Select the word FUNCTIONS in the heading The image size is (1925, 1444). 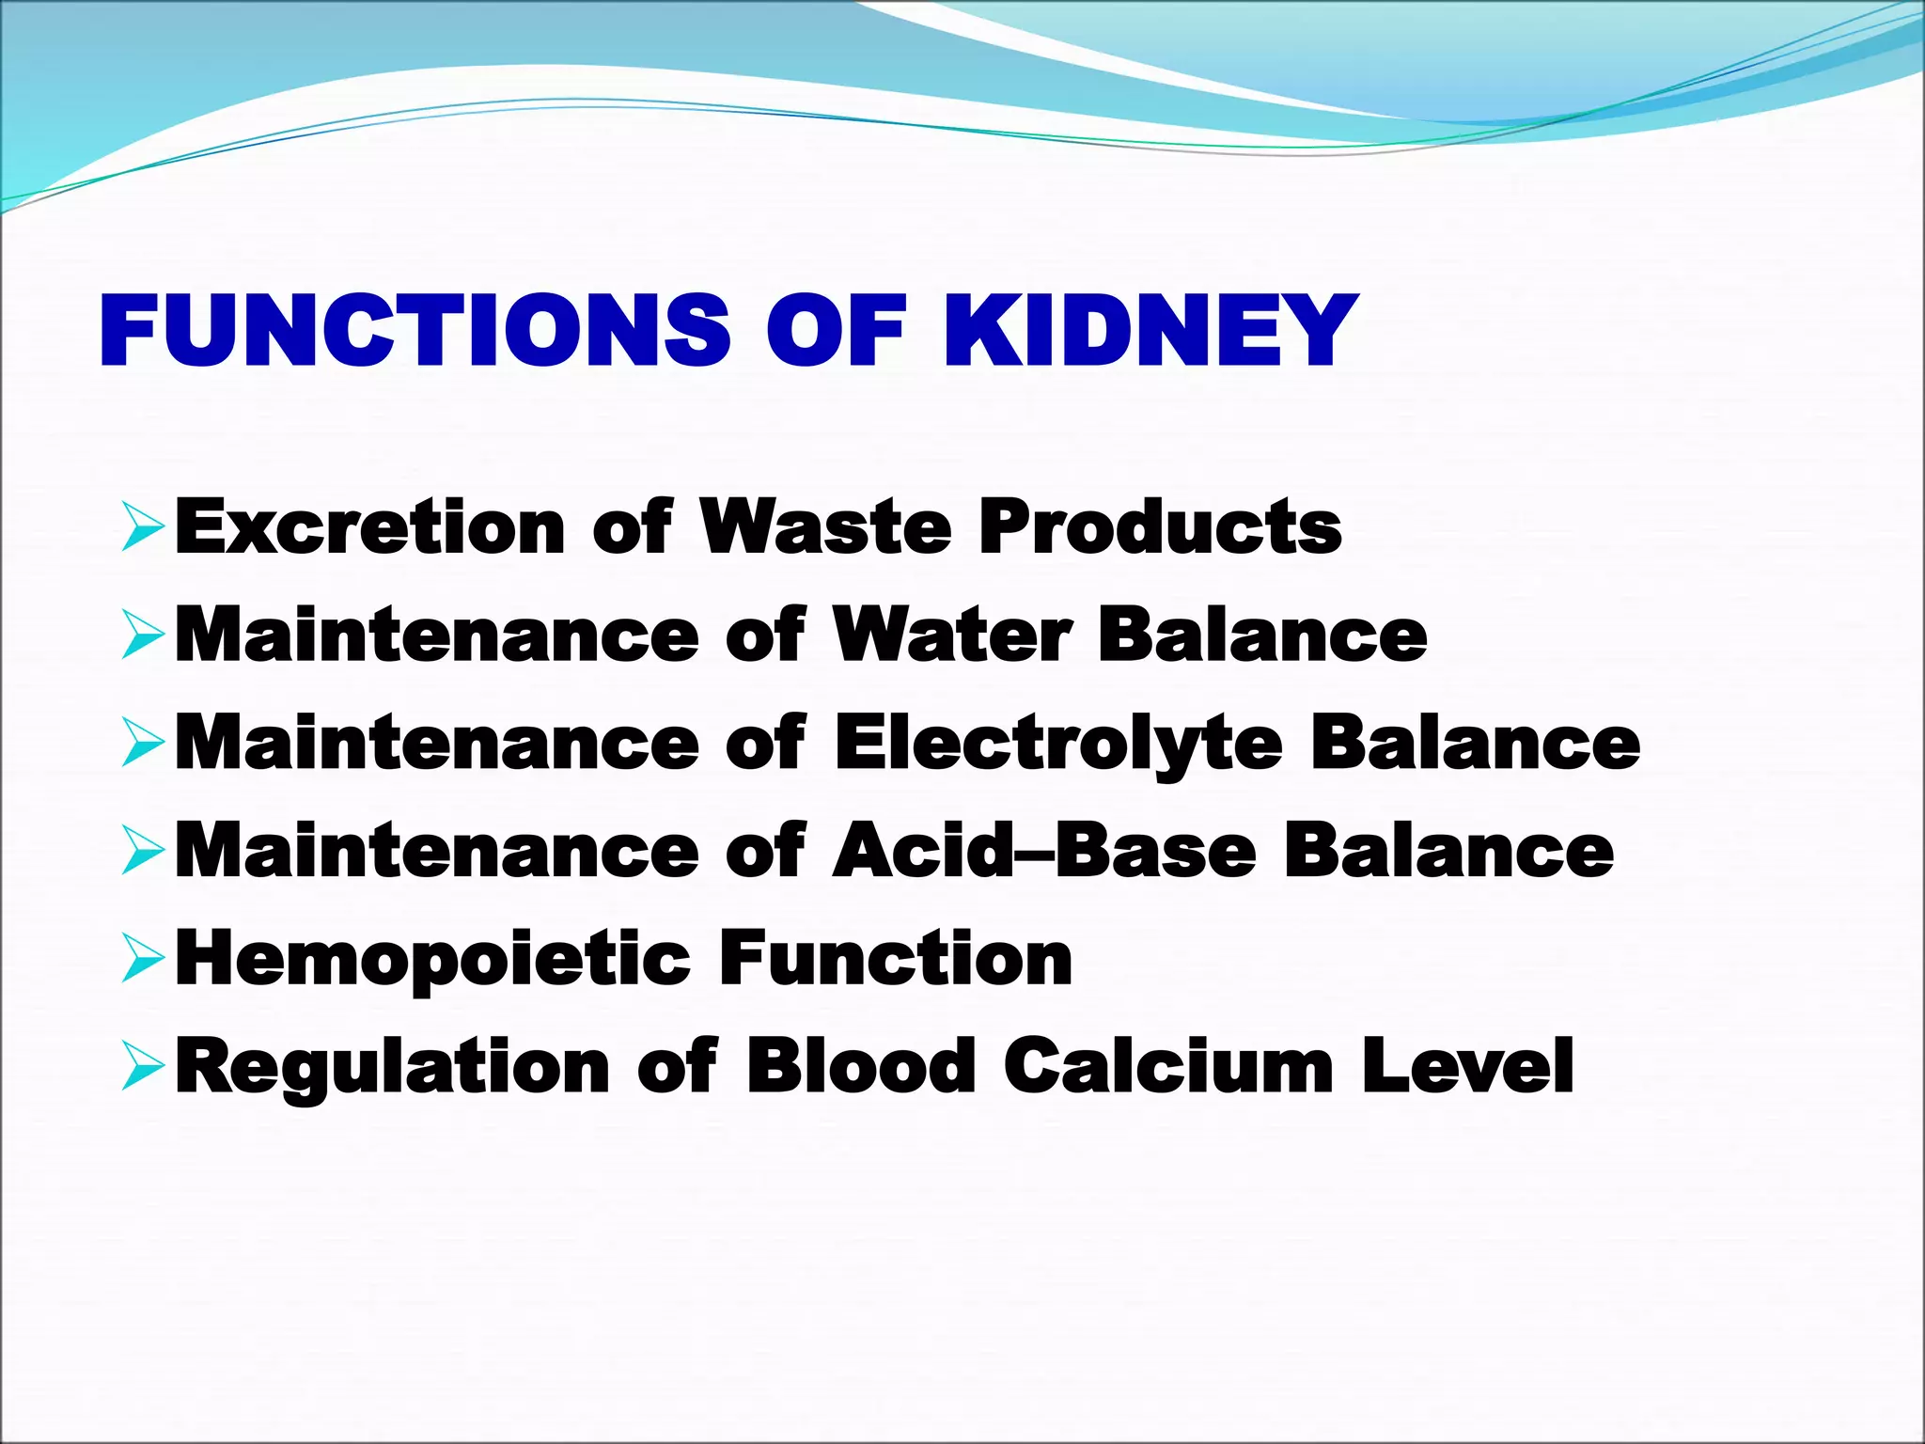coord(415,331)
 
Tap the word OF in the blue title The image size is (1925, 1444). coord(836,331)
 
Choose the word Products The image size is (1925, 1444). coord(1160,526)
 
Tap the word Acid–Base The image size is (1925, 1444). coord(1044,852)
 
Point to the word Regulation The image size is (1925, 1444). coord(393,1067)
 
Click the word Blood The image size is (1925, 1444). coord(860,1067)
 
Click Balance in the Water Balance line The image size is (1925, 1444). coord(1262,636)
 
